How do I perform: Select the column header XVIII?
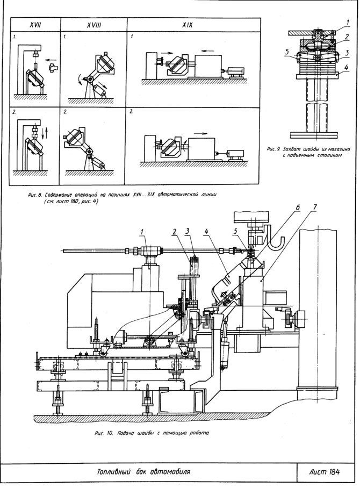tap(93, 25)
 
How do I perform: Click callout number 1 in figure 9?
tap(348, 22)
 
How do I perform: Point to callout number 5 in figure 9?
tap(287, 52)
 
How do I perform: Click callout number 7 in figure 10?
tap(315, 207)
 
